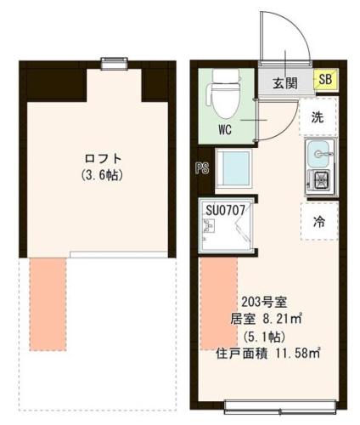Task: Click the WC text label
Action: [x=225, y=130]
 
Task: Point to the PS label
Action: [x=202, y=167]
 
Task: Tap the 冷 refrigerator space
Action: [x=318, y=222]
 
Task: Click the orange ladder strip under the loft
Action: [x=48, y=303]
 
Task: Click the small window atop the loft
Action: [x=112, y=61]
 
